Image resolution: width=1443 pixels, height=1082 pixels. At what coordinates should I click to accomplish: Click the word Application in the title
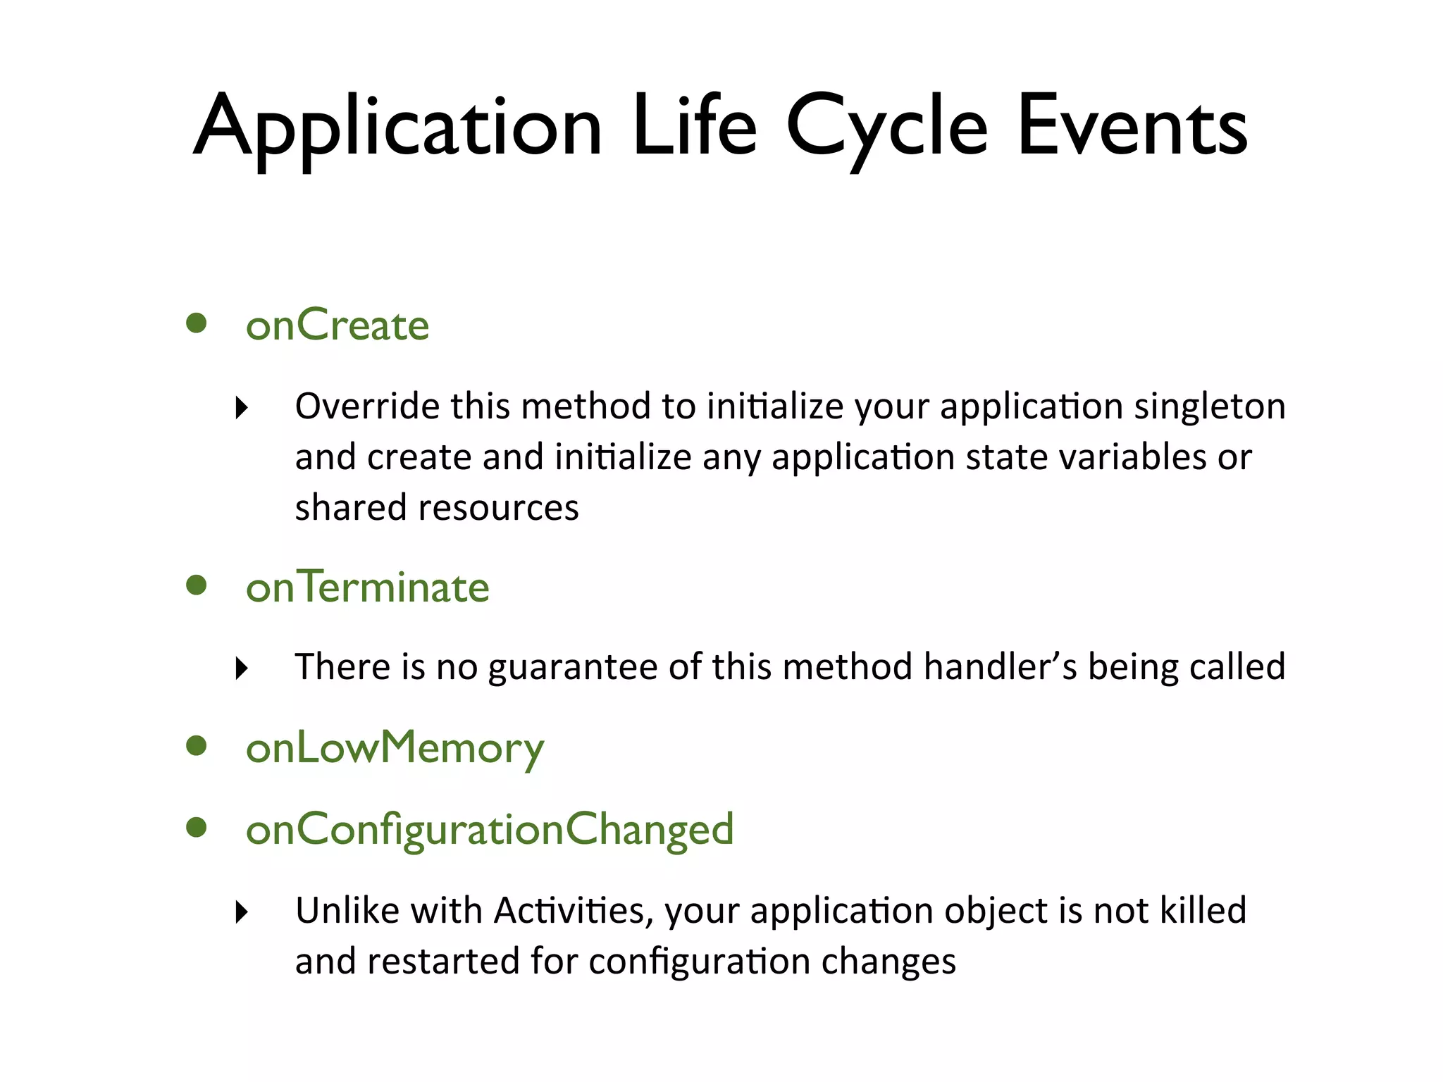(x=398, y=127)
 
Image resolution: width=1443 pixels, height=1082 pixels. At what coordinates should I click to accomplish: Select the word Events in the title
(x=1132, y=127)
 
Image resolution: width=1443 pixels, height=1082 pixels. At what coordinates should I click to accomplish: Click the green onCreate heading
(x=337, y=325)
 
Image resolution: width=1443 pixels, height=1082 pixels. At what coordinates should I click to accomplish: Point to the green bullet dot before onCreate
(x=197, y=323)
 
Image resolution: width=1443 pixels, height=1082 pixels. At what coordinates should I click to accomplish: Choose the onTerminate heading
(x=367, y=587)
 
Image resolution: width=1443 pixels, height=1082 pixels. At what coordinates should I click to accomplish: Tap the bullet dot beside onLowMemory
(x=197, y=746)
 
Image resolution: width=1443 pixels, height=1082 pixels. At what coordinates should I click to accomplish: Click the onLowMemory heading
(x=395, y=748)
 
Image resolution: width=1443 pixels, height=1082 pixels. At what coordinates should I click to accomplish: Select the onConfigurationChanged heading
(x=490, y=829)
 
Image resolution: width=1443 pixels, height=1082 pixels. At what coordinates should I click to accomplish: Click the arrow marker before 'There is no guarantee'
(x=242, y=668)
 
